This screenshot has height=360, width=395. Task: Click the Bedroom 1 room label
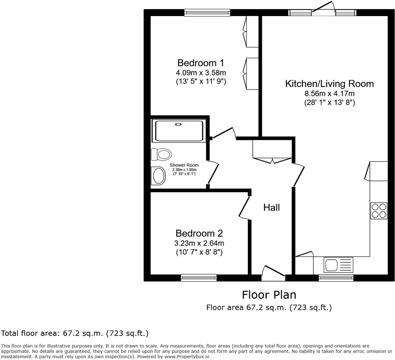pos(201,63)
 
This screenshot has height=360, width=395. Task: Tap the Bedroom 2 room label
pos(199,233)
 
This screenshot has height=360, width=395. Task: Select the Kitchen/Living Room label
pos(329,84)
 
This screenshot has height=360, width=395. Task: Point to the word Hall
pos(271,208)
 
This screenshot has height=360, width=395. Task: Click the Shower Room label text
pos(184,165)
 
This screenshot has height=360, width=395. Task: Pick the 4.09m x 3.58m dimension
pos(201,73)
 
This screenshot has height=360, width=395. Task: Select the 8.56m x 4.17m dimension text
pos(329,93)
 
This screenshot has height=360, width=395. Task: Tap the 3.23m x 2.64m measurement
pos(199,243)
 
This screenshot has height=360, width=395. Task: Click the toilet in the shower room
pos(161,154)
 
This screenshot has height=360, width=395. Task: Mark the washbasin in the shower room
pos(158,176)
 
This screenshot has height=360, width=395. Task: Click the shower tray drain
pos(178,124)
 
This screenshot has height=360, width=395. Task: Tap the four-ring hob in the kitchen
pos(379,210)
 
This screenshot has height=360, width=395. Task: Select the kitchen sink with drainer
pos(338,265)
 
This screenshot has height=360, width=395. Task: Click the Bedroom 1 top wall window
pos(207,13)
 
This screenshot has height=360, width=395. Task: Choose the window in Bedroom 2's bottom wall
pos(199,278)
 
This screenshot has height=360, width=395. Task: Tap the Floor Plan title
pos(269,295)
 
